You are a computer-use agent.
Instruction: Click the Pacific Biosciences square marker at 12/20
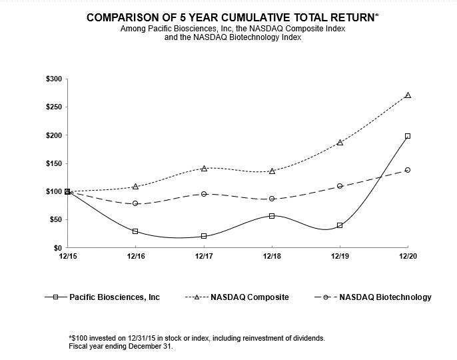coord(408,136)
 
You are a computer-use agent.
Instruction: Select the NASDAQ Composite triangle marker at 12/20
coord(408,95)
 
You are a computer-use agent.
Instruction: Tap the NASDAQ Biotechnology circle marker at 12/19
coord(340,186)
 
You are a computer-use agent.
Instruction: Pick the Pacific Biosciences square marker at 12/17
coord(204,236)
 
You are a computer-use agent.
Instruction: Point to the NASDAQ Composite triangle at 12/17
coord(204,168)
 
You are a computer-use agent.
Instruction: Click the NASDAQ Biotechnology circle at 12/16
coord(135,203)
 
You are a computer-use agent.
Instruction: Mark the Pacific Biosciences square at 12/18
coord(272,216)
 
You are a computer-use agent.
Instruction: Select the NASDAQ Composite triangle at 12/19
coord(340,143)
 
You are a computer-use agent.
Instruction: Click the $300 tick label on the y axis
coord(54,79)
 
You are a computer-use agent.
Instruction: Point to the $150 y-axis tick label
coord(54,163)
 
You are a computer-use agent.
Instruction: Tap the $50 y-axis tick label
coord(56,220)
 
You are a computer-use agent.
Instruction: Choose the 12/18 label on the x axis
coord(272,256)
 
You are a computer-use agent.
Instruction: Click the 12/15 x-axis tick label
coord(68,256)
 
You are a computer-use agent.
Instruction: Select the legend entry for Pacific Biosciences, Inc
coord(103,297)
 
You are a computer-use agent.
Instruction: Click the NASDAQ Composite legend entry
coord(237,297)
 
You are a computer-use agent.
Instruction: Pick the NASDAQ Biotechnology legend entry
coord(373,297)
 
